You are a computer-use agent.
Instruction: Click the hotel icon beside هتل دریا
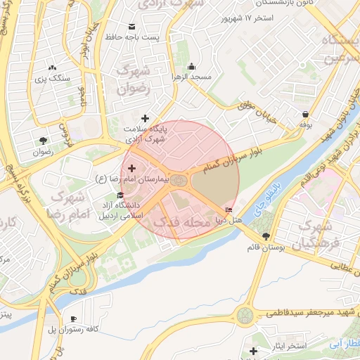coord(229,210)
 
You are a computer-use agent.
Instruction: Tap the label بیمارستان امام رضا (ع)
coord(163,181)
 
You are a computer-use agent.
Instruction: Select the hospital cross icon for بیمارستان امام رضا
coord(131,168)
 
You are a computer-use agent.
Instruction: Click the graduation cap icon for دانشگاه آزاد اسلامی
coord(120,195)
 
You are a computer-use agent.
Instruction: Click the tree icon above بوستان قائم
coord(265,236)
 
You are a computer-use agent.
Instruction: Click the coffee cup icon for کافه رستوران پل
coord(73,319)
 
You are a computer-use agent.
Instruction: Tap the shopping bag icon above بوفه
coord(305,114)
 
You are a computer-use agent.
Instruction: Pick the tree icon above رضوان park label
coord(43,140)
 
